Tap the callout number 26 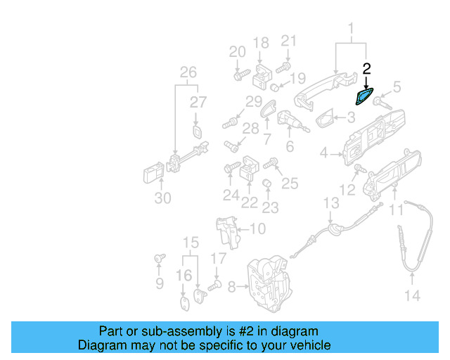coord(187,72)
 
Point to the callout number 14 coord(412,296)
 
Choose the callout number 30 coord(162,198)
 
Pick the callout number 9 coord(160,283)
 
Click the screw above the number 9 coord(160,259)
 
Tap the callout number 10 coord(257,229)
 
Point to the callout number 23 coord(270,207)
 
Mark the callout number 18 coord(260,43)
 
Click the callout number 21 coord(289,42)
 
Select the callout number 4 coord(324,153)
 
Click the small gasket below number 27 coord(198,133)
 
